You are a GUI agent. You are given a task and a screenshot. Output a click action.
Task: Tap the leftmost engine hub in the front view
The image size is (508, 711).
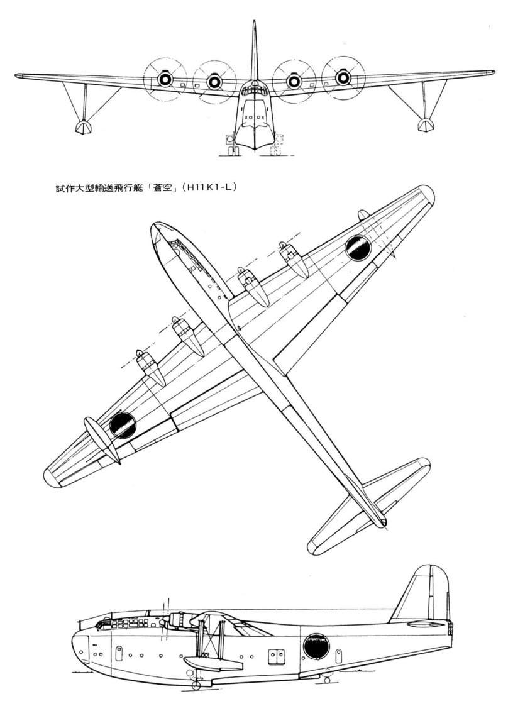(165, 79)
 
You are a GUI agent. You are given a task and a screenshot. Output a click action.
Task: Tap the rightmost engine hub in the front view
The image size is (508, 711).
(343, 77)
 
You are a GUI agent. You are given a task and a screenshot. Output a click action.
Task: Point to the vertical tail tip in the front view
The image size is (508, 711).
(254, 23)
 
